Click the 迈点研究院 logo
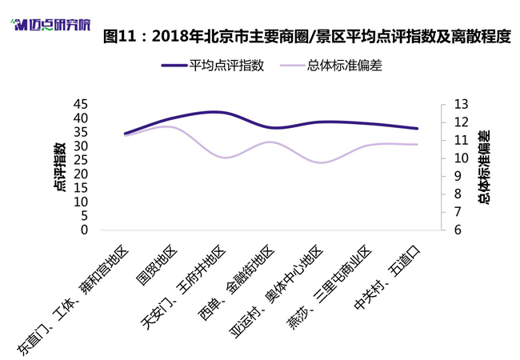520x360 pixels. pyautogui.click(x=50, y=25)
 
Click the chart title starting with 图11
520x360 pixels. pyautogui.click(x=306, y=36)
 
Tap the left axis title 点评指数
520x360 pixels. pyautogui.click(x=60, y=167)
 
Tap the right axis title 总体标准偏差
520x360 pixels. pyautogui.click(x=484, y=167)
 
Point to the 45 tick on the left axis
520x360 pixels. pyautogui.click(x=81, y=104)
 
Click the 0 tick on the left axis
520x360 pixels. pyautogui.click(x=84, y=230)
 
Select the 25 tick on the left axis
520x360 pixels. pyautogui.click(x=81, y=160)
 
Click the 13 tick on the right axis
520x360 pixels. pyautogui.click(x=461, y=104)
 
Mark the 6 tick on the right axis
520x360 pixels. pyautogui.click(x=458, y=230)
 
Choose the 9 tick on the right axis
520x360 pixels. pyautogui.click(x=458, y=176)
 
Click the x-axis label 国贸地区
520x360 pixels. pyautogui.click(x=157, y=265)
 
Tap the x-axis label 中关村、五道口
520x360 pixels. pyautogui.click(x=387, y=278)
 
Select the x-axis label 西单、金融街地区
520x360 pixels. pyautogui.click(x=236, y=283)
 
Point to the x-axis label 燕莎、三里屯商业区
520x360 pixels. pyautogui.click(x=329, y=287)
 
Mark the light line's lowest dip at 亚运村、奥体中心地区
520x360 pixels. pyautogui.click(x=320, y=162)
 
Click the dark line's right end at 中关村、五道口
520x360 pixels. pyautogui.click(x=417, y=128)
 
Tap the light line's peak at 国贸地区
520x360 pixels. pyautogui.click(x=168, y=126)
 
